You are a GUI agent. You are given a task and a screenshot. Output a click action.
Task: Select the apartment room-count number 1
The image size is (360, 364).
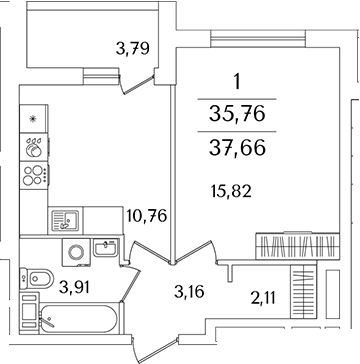[x=237, y=82]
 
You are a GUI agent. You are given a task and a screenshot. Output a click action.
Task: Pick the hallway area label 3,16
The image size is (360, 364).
[x=175, y=293]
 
